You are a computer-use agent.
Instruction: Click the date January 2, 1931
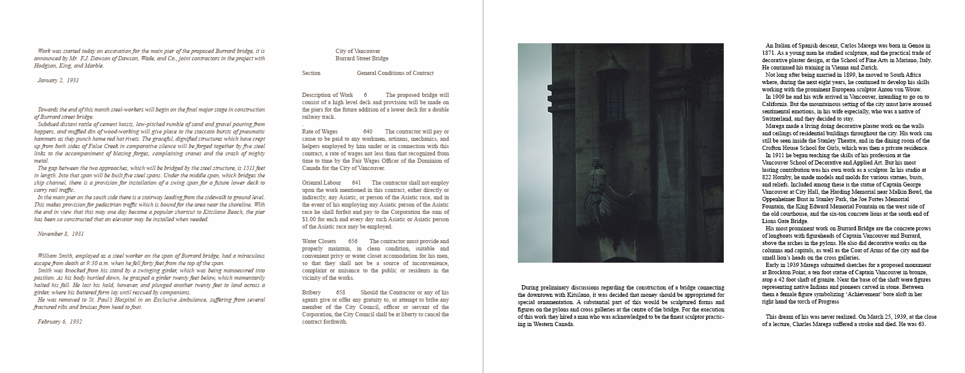click(x=58, y=80)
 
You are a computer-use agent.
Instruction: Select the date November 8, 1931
click(x=60, y=234)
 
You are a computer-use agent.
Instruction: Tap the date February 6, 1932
click(x=59, y=321)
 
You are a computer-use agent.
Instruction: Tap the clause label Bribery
click(x=312, y=293)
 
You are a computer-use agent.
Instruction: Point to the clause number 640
click(x=367, y=132)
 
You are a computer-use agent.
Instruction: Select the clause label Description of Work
click(x=327, y=95)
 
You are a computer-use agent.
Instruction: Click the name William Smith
click(x=54, y=256)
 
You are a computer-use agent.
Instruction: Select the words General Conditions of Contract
click(x=395, y=73)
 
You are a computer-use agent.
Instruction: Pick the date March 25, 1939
click(x=887, y=317)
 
